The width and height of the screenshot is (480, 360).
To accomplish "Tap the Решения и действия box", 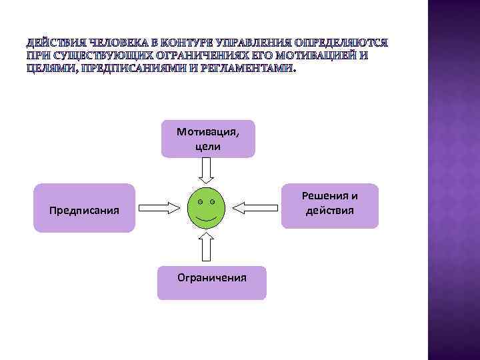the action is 329,205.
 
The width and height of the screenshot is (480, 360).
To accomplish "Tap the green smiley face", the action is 206,209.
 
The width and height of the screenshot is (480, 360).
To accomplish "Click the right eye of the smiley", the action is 213,201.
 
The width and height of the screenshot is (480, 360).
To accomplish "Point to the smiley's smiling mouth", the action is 206,218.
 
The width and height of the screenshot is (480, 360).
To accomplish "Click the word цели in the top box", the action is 208,145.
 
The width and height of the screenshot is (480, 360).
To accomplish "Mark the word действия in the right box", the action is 329,212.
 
